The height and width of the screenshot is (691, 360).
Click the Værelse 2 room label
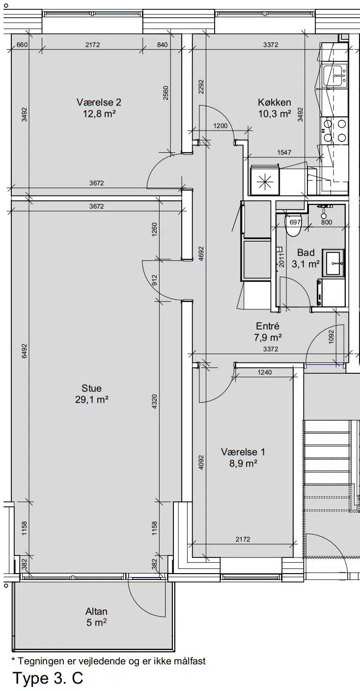click(99, 102)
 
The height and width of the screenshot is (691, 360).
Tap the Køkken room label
click(274, 102)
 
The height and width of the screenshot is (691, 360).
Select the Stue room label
click(92, 388)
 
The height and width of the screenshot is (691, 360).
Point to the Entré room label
click(268, 326)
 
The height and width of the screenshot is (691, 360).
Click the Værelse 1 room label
click(243, 452)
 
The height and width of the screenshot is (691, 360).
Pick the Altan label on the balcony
click(96, 611)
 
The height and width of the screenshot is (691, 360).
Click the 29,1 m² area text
click(92, 400)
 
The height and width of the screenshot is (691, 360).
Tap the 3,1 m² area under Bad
click(305, 264)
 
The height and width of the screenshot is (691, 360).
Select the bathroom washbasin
click(333, 263)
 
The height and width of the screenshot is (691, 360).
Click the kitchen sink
click(334, 76)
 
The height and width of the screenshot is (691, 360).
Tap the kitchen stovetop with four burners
click(334, 131)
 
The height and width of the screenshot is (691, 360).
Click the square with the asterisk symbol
click(265, 181)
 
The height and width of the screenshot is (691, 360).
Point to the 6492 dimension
click(25, 351)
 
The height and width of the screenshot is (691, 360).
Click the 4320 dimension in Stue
click(154, 401)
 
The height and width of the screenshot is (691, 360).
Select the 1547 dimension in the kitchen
click(284, 152)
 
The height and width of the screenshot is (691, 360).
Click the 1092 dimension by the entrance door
click(331, 337)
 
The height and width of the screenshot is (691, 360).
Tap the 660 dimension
click(22, 45)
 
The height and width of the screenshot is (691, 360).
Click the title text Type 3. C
click(48, 678)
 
